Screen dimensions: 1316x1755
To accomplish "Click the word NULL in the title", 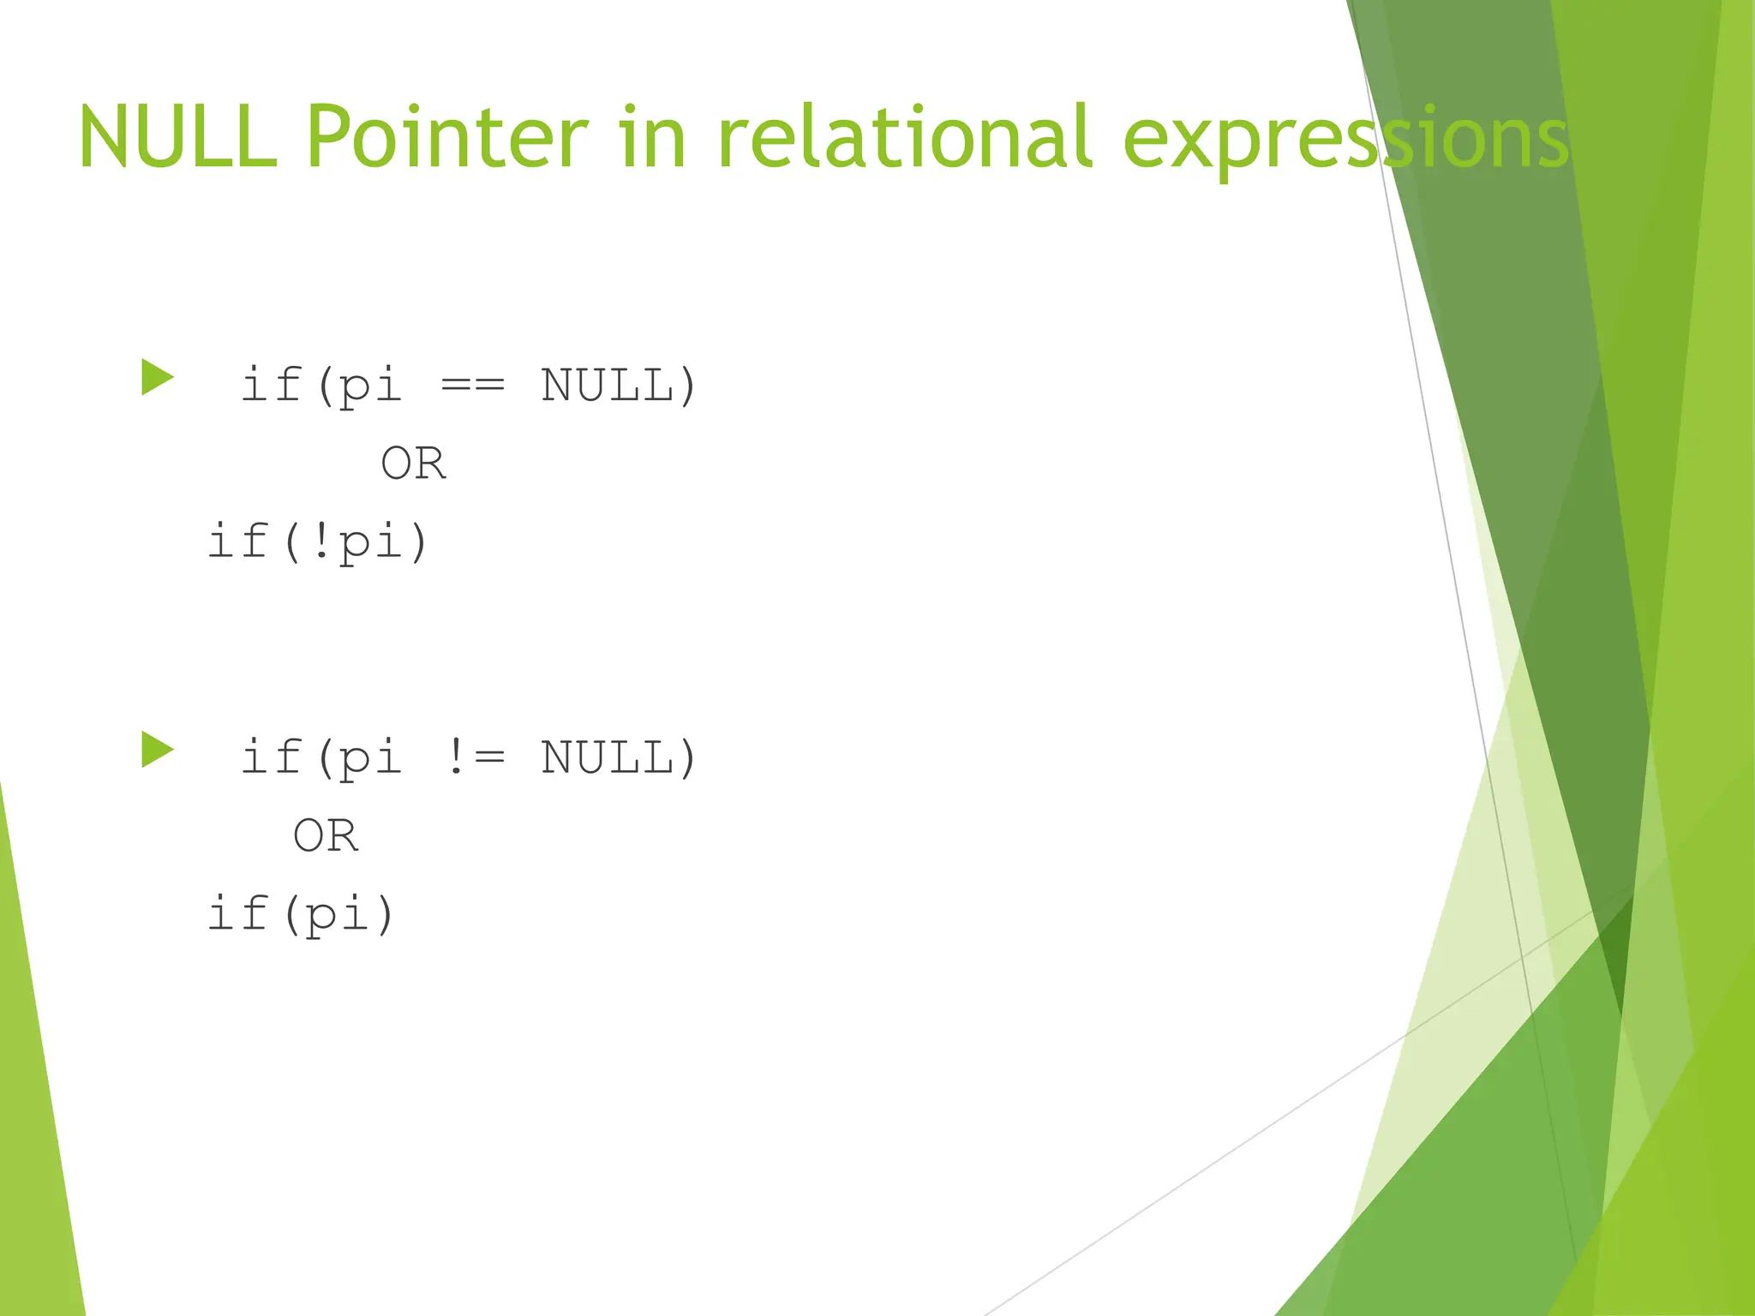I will pyautogui.click(x=177, y=137).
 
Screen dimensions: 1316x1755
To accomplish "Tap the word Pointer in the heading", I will pyautogui.click(x=446, y=137).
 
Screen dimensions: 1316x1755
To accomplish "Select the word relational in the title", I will pyautogui.click(x=904, y=137).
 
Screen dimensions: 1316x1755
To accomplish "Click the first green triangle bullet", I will pyautogui.click(x=157, y=378).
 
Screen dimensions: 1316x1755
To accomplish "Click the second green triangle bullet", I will pyautogui.click(x=157, y=750).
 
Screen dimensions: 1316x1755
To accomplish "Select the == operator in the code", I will pyautogui.click(x=472, y=386).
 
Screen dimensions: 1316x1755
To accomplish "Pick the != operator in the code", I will pyautogui.click(x=476, y=758).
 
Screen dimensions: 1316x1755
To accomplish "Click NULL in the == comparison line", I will pyautogui.click(x=607, y=386).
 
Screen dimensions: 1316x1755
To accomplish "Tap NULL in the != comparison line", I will pyautogui.click(x=607, y=758).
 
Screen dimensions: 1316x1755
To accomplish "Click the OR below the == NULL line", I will pyautogui.click(x=413, y=464).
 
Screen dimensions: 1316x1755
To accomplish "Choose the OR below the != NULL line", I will pyautogui.click(x=326, y=835).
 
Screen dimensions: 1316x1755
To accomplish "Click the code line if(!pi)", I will pyautogui.click(x=318, y=542).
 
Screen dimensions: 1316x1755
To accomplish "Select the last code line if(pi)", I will pyautogui.click(x=301, y=914).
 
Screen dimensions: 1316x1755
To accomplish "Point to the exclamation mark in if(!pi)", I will pyautogui.click(x=320, y=542).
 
